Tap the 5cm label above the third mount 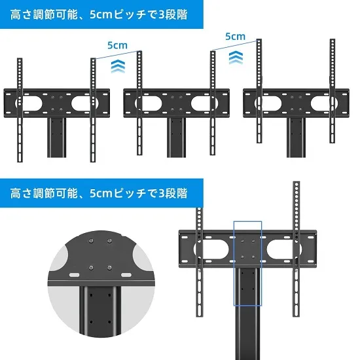click(x=235, y=37)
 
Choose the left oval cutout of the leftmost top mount click(x=30, y=103)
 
